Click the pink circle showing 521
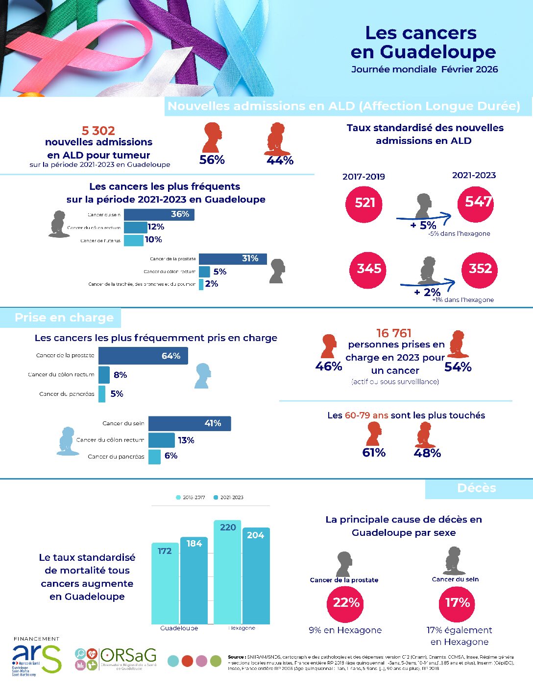pos(364,203)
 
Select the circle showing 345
pos(368,269)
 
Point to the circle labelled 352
pos(480,269)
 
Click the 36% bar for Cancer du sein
pos(159,214)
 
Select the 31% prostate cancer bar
pos(233,259)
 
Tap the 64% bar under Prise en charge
pos(143,356)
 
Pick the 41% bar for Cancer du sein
pos(189,423)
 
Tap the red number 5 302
pos(98,131)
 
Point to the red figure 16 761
pos(394,333)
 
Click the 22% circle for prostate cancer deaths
pos(346,602)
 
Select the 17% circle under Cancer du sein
pos(457,602)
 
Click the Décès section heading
pos(476,488)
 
